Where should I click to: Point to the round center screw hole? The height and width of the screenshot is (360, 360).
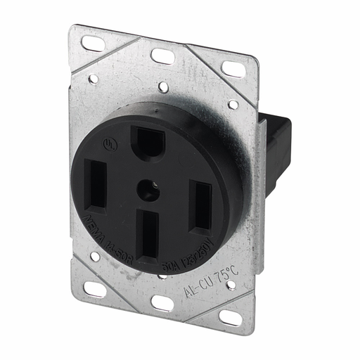(148, 188)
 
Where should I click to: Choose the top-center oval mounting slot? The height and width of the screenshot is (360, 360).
(162, 56)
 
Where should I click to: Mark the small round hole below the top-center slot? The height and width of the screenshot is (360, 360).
(162, 88)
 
